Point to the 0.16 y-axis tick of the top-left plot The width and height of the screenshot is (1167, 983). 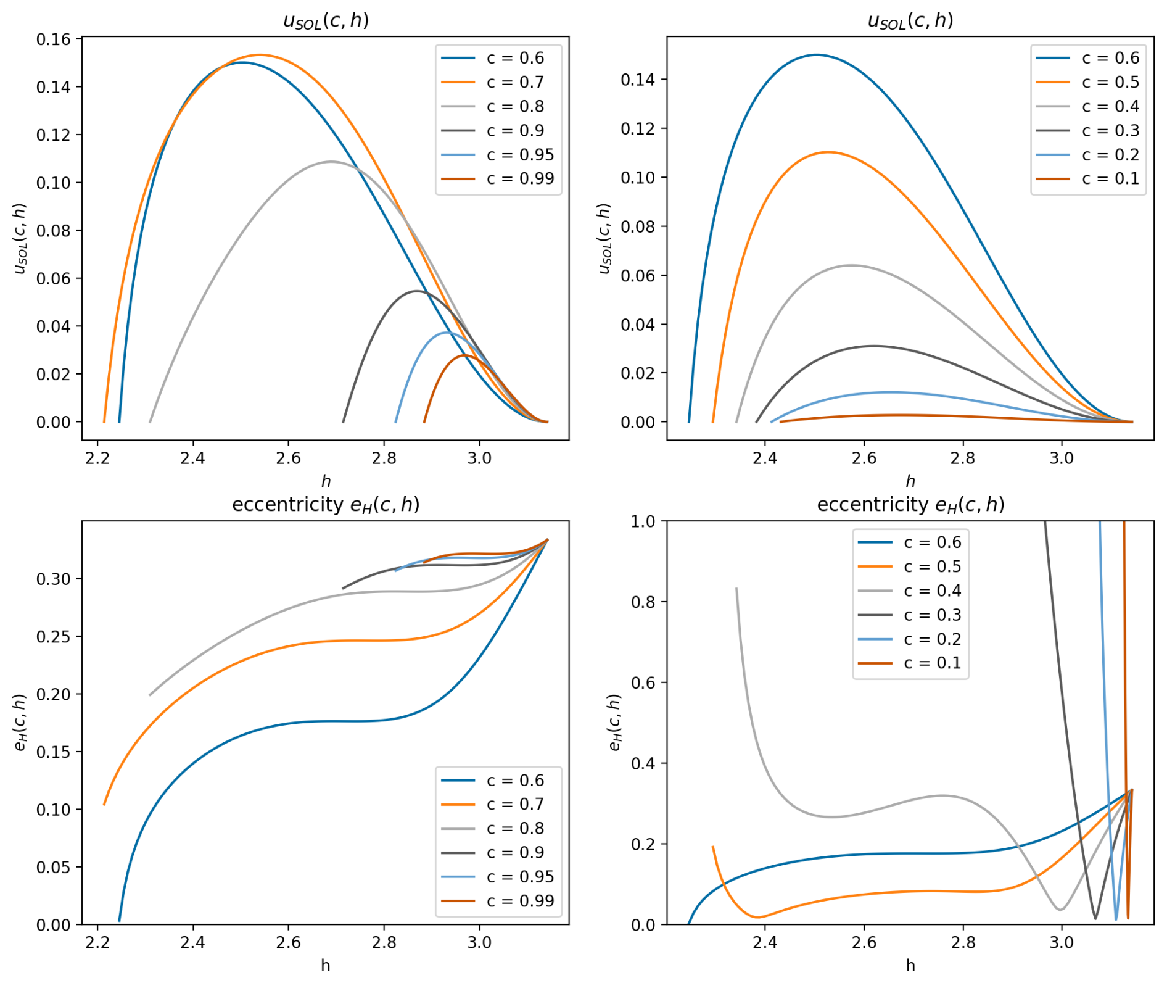(x=54, y=39)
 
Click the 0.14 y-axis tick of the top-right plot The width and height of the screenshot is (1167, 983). (x=638, y=80)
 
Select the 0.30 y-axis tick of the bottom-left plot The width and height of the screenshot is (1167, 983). (x=54, y=579)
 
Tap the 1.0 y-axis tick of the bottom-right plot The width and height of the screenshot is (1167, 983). (x=643, y=522)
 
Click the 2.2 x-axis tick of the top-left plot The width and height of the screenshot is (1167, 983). (x=97, y=458)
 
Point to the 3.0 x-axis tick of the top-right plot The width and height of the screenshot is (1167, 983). (x=1062, y=458)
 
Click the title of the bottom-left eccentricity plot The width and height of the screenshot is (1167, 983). (x=326, y=505)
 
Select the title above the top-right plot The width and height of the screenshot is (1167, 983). (x=910, y=20)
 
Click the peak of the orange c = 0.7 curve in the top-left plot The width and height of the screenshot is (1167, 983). (x=260, y=55)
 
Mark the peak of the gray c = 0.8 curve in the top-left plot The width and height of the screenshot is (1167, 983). (x=331, y=162)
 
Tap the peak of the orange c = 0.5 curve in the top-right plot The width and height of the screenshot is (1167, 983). (x=827, y=152)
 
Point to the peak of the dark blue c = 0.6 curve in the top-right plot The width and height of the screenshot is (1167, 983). (x=816, y=55)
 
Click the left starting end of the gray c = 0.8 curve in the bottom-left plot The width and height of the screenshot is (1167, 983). (x=150, y=695)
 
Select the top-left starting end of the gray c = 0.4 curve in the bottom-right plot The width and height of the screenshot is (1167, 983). (x=736, y=589)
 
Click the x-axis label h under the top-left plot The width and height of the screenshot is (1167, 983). (x=326, y=481)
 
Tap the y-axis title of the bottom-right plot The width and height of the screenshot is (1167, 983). (x=615, y=723)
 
